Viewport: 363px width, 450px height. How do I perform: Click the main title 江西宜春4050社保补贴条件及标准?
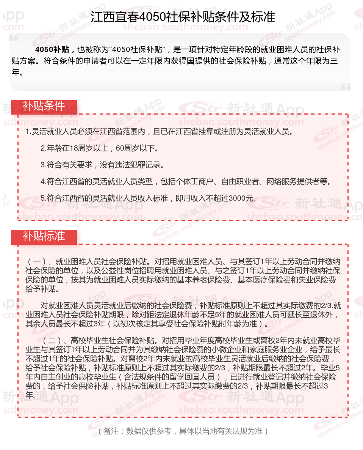pos(183,17)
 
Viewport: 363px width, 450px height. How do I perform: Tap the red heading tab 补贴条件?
pos(44,106)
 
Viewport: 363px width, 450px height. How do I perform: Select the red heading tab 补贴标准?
pos(44,236)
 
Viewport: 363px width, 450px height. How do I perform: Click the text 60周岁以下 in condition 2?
pos(134,148)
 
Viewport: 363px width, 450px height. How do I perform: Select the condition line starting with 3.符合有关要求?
pos(102,165)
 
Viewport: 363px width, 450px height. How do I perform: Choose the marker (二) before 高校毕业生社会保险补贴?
pos(52,340)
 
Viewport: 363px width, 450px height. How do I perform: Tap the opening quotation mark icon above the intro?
pos(14,38)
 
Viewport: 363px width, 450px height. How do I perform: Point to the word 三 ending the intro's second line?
pos(333,61)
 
